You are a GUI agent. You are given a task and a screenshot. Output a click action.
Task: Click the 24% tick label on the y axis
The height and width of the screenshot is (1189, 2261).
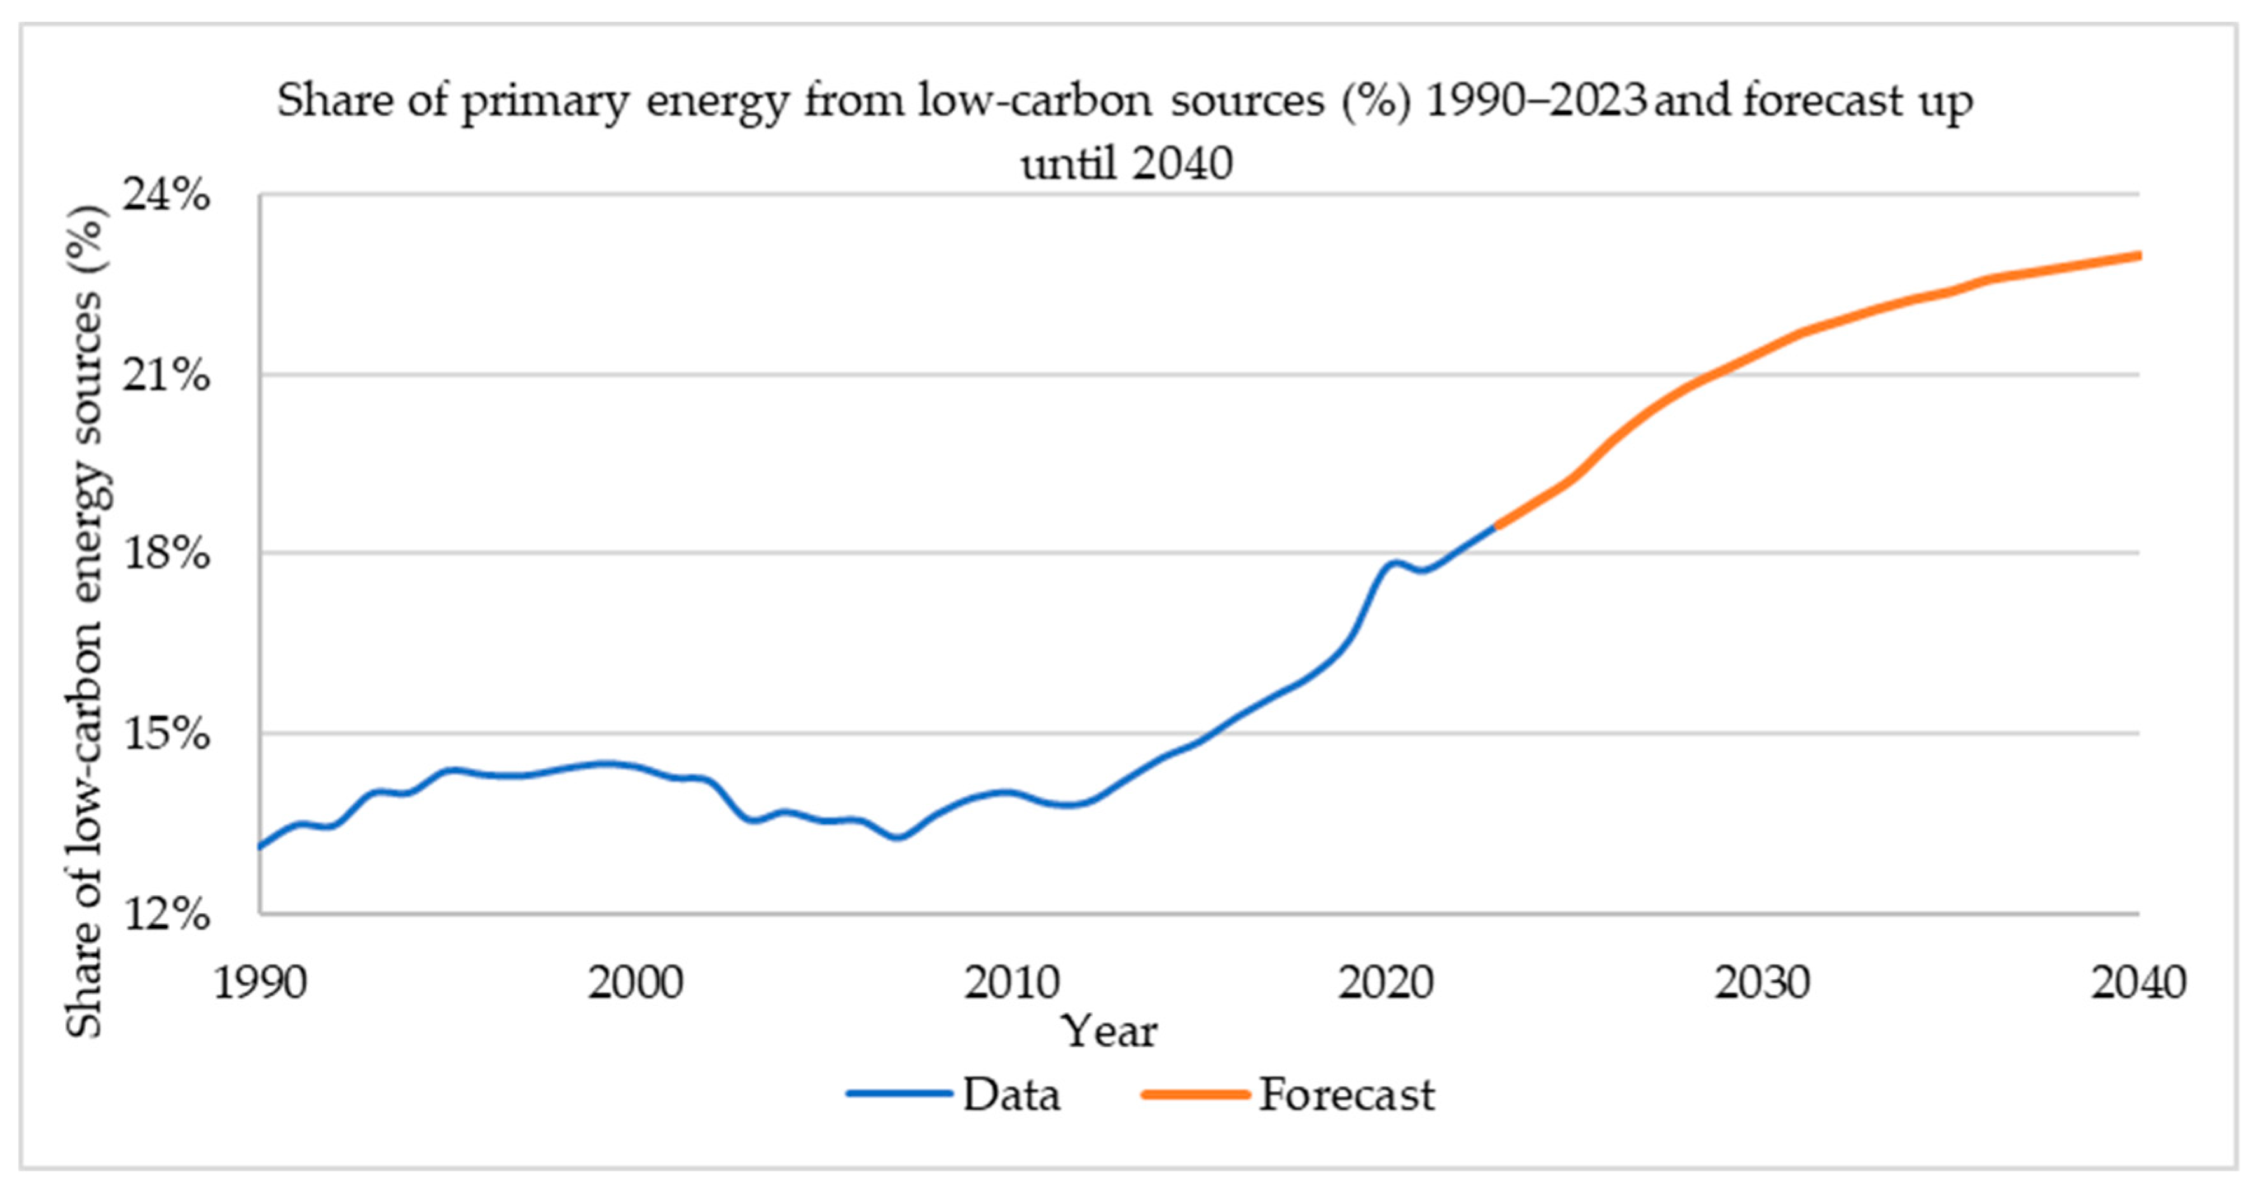tap(167, 195)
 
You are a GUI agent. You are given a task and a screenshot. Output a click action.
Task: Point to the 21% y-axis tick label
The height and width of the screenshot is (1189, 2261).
tap(167, 376)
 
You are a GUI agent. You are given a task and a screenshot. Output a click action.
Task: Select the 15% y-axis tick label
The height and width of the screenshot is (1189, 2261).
tap(167, 733)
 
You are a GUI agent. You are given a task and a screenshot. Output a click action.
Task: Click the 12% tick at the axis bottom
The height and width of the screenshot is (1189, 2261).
tap(167, 914)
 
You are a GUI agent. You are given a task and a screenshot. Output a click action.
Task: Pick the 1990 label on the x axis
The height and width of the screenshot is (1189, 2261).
tap(261, 983)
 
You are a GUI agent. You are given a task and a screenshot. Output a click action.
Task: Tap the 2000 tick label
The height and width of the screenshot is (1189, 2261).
tap(636, 983)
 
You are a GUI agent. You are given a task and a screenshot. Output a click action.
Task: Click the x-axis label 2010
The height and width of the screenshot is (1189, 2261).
tap(1011, 983)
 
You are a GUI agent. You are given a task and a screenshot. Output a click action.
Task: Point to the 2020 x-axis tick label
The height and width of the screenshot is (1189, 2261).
tap(1387, 983)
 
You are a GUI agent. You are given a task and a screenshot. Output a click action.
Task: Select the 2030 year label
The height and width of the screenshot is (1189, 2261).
tap(1763, 983)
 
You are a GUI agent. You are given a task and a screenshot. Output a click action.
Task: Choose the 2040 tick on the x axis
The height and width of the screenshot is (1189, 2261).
tap(2138, 983)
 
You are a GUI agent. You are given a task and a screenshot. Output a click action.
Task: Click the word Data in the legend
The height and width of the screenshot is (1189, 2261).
tap(1012, 1095)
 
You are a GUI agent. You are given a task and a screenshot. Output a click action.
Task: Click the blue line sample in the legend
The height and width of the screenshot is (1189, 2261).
tap(899, 1094)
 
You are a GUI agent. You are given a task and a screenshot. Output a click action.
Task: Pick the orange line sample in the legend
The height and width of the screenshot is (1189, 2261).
tap(1196, 1094)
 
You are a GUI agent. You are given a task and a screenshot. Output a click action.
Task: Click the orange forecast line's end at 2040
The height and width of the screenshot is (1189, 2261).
tap(2139, 255)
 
